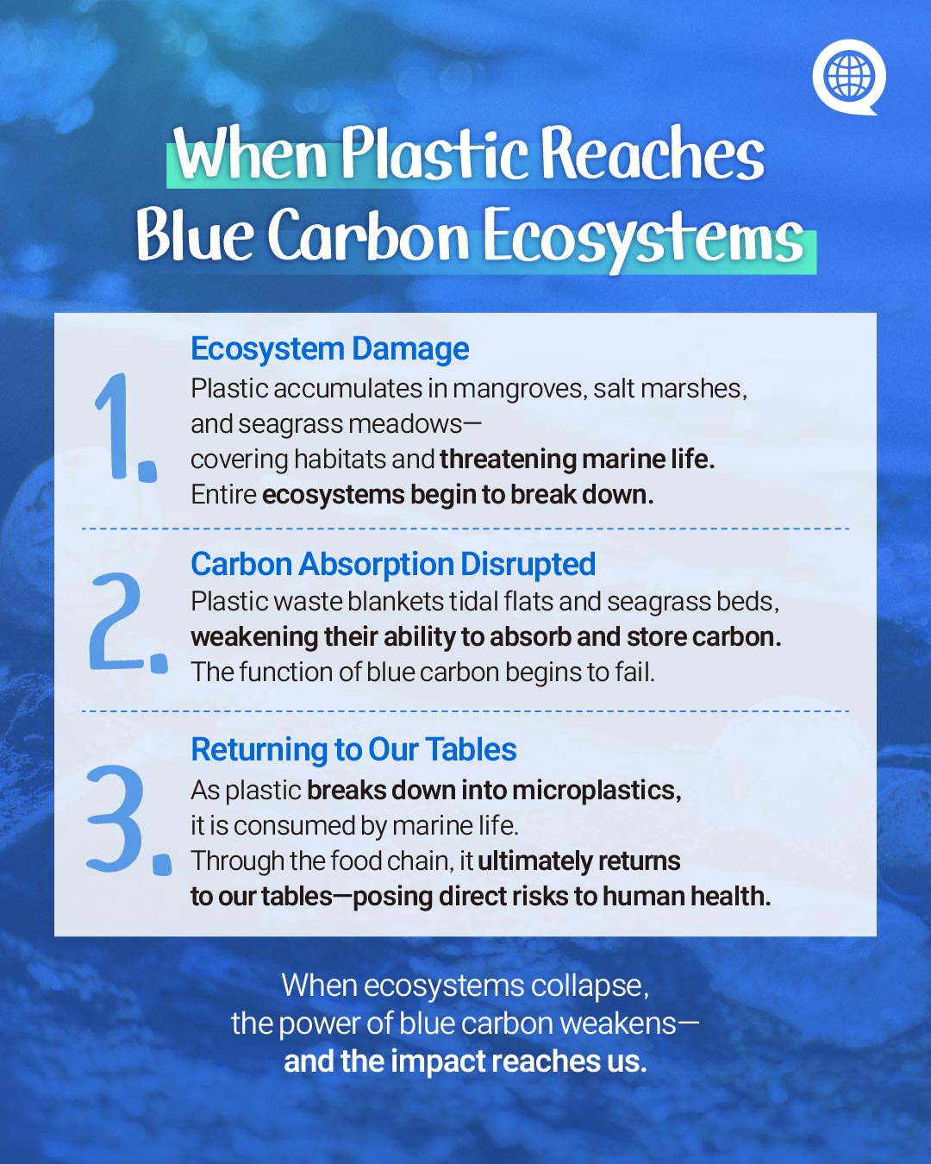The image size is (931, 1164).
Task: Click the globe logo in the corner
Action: point(849,76)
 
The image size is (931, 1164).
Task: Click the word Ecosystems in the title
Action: point(642,238)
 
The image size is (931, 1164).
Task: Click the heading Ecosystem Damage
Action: point(330,349)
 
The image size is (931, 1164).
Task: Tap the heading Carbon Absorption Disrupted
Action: point(393,564)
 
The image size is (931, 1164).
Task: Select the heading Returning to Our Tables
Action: point(353,749)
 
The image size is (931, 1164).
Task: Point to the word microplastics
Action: point(597,792)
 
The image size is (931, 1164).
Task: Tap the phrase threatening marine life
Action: point(578,460)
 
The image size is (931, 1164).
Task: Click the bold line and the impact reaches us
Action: point(465,1061)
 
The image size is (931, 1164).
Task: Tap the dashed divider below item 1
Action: point(465,529)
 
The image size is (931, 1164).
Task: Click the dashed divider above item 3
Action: point(465,712)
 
